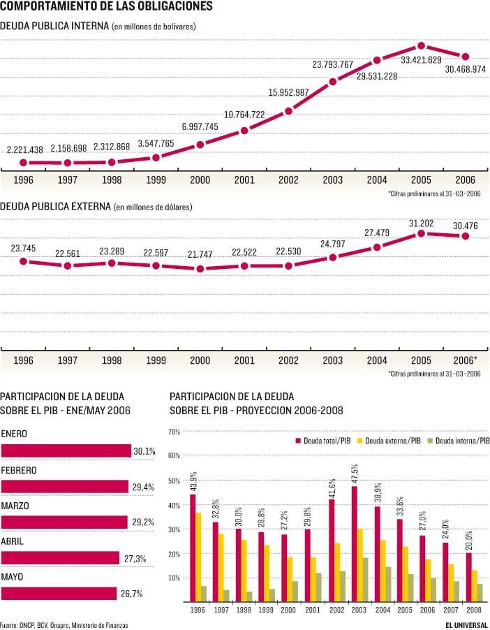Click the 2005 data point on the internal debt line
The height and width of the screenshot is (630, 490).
421,46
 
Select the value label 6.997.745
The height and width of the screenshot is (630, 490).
200,126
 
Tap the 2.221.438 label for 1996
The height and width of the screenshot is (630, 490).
25,149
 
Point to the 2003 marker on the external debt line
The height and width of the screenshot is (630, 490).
333,257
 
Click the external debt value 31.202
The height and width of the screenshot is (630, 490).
421,224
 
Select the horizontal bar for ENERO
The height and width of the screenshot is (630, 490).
66,452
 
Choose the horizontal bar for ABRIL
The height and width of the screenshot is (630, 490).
60,558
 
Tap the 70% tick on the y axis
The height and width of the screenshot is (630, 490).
175,432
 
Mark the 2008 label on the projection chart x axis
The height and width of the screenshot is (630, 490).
474,609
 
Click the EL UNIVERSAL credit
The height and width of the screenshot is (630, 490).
467,623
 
